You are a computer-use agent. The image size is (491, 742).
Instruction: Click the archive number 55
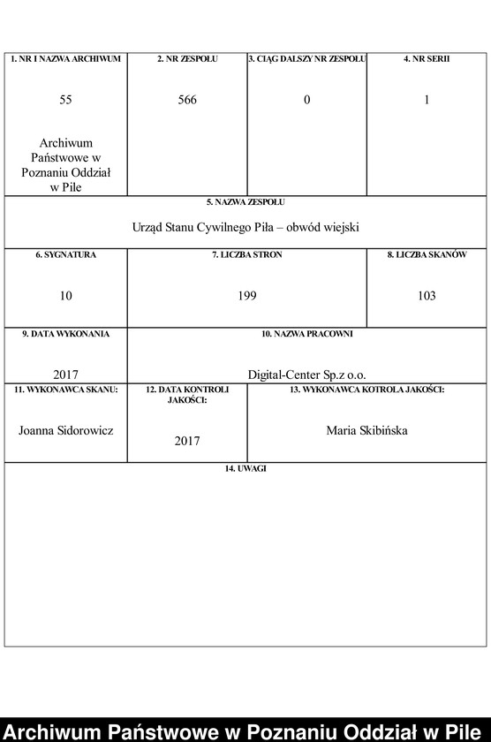(x=66, y=100)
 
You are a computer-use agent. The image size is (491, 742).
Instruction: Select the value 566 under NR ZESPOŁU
(x=187, y=100)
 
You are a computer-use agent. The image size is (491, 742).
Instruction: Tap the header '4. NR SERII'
(x=427, y=59)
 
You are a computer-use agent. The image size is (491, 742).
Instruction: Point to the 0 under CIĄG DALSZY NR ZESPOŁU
(x=307, y=100)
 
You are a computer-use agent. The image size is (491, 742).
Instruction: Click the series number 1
(x=427, y=100)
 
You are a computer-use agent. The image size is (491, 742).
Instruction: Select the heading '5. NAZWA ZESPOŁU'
(x=245, y=202)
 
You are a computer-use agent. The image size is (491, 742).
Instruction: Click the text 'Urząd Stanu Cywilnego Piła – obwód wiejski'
(x=245, y=227)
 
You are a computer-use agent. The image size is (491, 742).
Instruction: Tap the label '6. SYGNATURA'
(x=66, y=255)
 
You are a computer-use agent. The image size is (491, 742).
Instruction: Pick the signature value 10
(x=66, y=296)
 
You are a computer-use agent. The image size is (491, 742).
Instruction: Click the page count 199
(x=247, y=296)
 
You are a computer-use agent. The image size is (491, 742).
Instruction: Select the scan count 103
(x=427, y=296)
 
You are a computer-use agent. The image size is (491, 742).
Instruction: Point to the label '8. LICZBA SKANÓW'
(x=427, y=255)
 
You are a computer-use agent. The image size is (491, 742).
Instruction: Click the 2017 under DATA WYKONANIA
(x=66, y=374)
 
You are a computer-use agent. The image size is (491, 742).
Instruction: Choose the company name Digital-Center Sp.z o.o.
(x=307, y=374)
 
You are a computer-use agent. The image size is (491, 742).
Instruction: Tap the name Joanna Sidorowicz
(x=66, y=430)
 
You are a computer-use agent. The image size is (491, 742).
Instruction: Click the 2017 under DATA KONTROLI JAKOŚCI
(x=187, y=440)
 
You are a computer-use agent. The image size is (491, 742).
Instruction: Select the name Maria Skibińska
(x=367, y=430)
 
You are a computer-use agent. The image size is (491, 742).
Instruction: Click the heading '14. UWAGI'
(x=245, y=469)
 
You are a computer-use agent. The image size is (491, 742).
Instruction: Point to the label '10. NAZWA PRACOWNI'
(x=307, y=335)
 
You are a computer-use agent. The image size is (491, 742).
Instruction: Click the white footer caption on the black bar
(x=245, y=731)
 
